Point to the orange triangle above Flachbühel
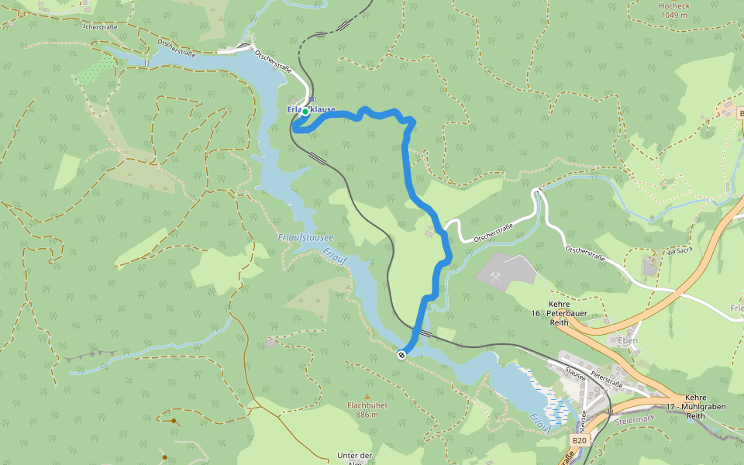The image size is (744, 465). [x=367, y=397]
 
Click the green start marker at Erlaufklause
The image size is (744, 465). [x=305, y=112]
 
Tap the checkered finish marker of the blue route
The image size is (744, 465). [x=401, y=355]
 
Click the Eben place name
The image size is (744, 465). [x=627, y=340]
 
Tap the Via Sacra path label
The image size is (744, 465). [x=678, y=251]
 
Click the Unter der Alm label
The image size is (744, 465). [x=355, y=459]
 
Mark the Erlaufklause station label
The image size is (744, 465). [x=312, y=109]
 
